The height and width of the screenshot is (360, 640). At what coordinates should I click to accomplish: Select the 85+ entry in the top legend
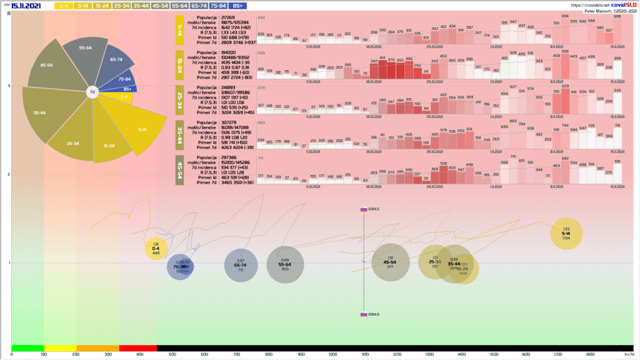point(237,6)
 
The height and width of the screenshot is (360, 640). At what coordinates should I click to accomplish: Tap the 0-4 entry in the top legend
point(62,6)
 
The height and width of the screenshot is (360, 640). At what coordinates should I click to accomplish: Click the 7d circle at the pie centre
point(92,92)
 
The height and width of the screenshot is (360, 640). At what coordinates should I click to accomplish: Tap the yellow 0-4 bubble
point(156,249)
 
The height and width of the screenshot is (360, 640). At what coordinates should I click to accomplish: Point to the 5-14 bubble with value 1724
point(566,233)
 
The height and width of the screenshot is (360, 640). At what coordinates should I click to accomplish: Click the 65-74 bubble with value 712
point(241,266)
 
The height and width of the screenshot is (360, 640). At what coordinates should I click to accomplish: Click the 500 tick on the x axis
point(334,354)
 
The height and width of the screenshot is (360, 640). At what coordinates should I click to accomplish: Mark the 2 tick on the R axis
point(9,174)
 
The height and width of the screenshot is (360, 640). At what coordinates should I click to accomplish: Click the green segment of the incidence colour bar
point(27,347)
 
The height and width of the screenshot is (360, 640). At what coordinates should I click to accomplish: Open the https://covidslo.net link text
point(560,4)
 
